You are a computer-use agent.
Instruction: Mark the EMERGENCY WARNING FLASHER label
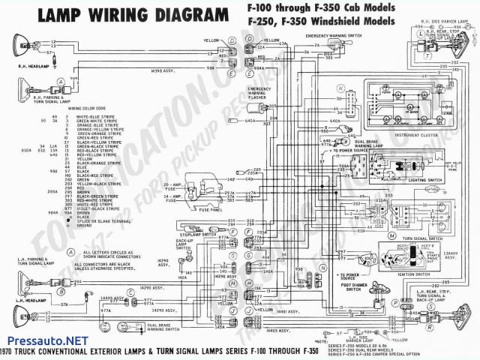(x=259, y=92)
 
